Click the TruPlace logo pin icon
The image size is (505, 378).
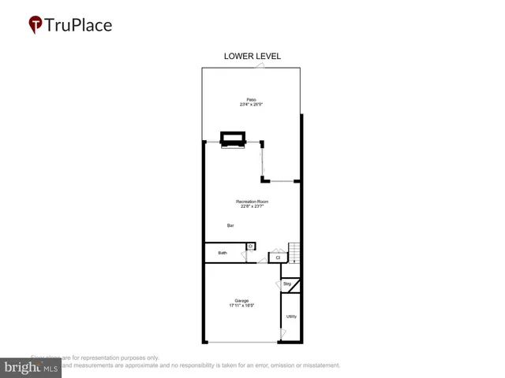point(36,25)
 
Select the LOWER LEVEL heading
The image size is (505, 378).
point(252,57)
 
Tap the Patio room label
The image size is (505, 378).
point(250,99)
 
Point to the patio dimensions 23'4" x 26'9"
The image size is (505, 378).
point(250,104)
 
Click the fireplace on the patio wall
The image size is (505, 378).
point(234,140)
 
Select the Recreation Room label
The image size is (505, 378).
point(253,202)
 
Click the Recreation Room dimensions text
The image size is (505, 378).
point(253,207)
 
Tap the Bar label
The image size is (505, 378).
point(230,226)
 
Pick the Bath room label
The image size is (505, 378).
point(223,253)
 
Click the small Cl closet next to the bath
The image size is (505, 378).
point(250,246)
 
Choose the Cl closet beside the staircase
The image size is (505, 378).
point(278,257)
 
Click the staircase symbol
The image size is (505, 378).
point(294,253)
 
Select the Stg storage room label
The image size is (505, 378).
point(287,283)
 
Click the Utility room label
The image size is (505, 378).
point(291,316)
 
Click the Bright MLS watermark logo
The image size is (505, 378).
point(32,367)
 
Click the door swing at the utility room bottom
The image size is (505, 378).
point(282,335)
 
